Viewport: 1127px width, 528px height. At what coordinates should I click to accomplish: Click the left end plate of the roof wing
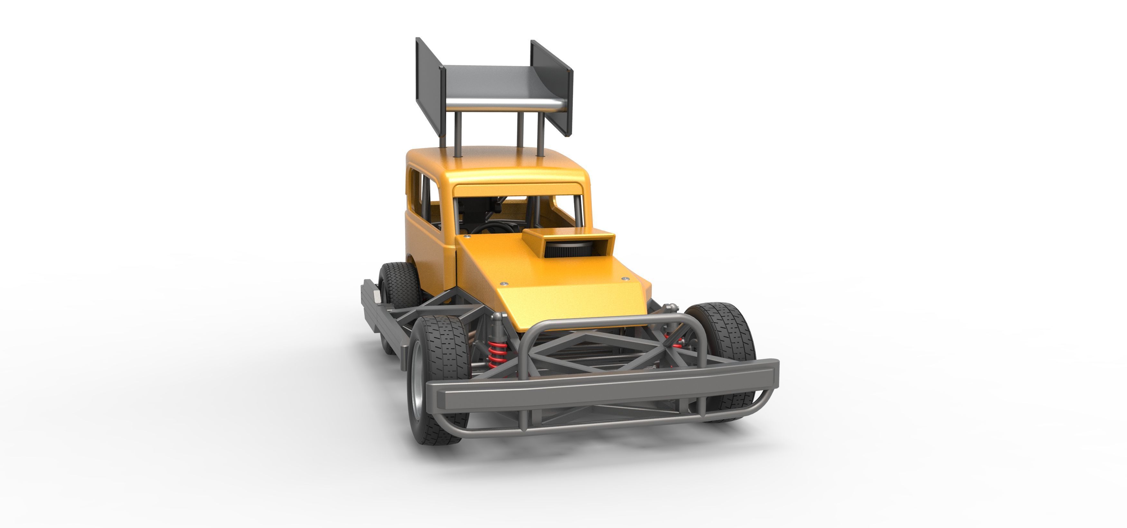[x=429, y=83]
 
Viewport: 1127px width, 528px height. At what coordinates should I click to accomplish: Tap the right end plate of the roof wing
[x=552, y=88]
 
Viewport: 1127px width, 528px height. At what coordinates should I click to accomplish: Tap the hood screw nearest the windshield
[x=467, y=236]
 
